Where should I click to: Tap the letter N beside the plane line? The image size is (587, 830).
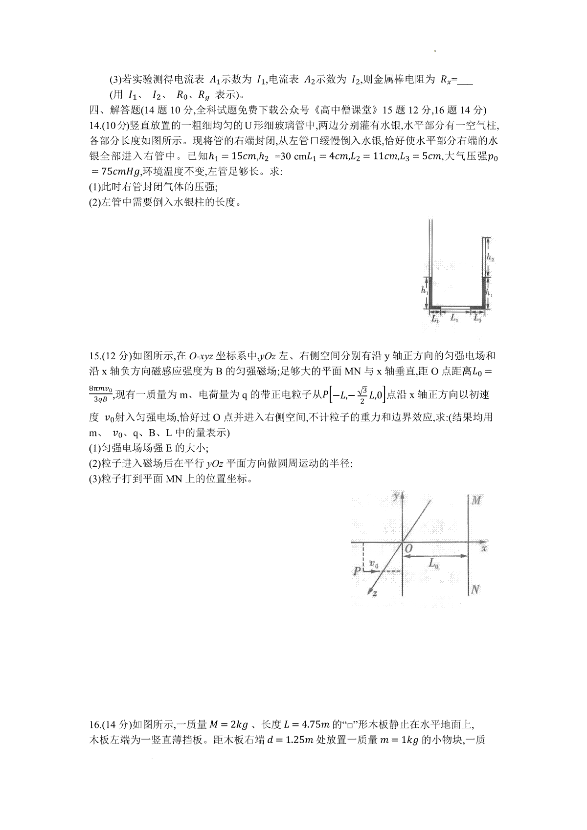[x=474, y=590]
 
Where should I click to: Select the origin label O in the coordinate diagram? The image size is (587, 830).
[x=408, y=549]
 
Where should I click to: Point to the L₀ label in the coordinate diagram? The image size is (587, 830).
[x=433, y=564]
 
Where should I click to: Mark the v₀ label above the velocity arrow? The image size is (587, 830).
[x=374, y=564]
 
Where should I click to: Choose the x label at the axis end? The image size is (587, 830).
[x=484, y=549]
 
